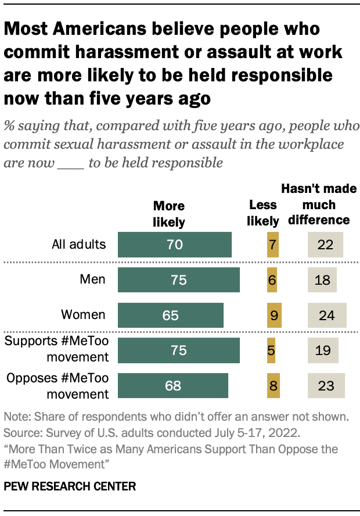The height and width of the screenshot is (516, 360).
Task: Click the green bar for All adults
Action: coord(174,245)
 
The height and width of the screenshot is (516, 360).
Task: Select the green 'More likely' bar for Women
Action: coord(170,315)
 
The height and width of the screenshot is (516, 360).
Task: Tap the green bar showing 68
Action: coord(172,385)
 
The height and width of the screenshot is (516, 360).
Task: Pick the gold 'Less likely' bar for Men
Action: coord(272,280)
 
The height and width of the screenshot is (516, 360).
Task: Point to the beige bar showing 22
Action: coord(325,245)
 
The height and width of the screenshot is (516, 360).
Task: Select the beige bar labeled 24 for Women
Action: coord(326,315)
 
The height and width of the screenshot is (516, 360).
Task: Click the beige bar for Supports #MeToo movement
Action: coord(322,350)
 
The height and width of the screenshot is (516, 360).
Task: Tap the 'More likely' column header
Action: coord(168,214)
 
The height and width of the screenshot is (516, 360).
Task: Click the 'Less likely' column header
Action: coord(263,213)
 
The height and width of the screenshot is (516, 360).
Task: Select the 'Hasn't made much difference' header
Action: coord(319,205)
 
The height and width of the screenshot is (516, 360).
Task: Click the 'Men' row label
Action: coord(93,279)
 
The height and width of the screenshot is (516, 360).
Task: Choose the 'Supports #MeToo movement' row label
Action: coord(56,349)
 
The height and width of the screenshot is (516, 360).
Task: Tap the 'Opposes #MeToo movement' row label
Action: coord(57,385)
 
